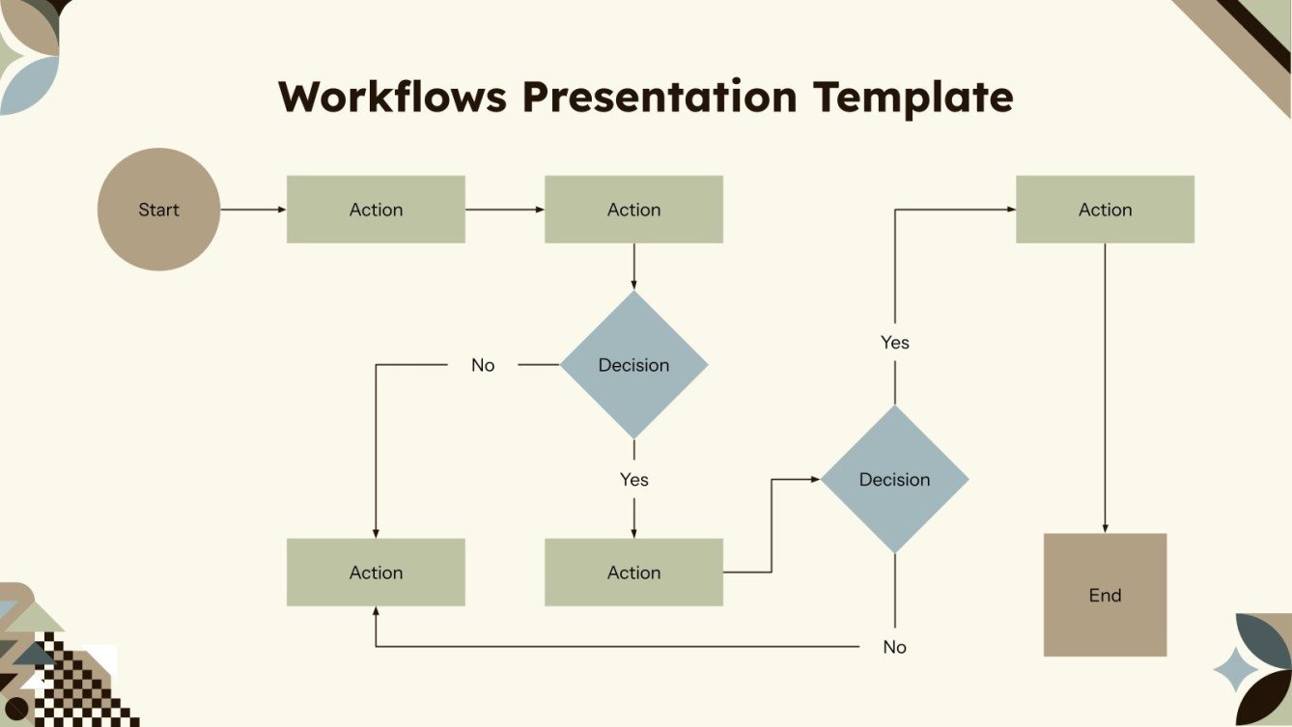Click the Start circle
tap(158, 210)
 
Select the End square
tap(1105, 595)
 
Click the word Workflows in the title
tap(392, 98)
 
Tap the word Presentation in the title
tap(660, 98)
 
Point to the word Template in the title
tap(913, 98)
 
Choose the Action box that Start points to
tap(376, 210)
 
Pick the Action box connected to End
tap(1105, 210)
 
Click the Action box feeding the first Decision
tap(633, 210)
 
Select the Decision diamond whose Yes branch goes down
tap(633, 365)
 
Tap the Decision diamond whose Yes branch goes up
tap(894, 479)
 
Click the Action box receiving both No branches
tap(376, 573)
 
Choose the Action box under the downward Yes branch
tap(633, 573)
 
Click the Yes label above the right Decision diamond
tap(894, 343)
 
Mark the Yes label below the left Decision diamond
tap(633, 480)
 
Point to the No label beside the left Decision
tap(483, 365)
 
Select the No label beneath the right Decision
tap(894, 647)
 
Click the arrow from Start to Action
tap(253, 210)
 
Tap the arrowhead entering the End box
tap(1105, 528)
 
